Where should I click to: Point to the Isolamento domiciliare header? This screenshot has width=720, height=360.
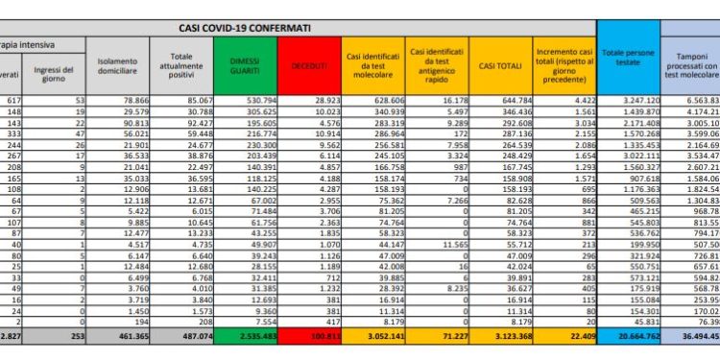pos(118,64)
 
